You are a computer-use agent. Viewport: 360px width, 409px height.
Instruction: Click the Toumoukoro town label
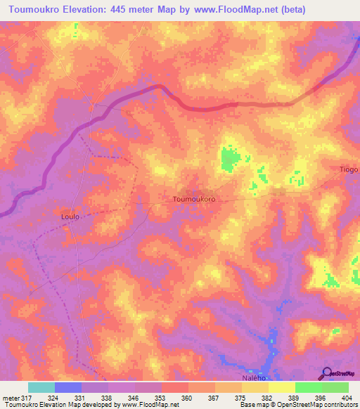pos(193,200)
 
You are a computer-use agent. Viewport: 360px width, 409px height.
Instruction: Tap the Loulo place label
pos(65,217)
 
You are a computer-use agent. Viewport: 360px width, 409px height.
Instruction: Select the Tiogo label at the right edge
pos(349,169)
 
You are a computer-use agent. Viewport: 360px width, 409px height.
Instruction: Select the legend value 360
pos(188,398)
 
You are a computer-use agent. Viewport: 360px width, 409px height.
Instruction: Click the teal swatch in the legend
pos(41,387)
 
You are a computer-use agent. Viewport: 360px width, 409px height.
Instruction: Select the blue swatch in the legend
pos(68,387)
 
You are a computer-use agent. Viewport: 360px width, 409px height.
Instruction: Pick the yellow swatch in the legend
pos(282,387)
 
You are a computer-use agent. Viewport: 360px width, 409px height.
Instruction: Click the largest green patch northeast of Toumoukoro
pos(228,159)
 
